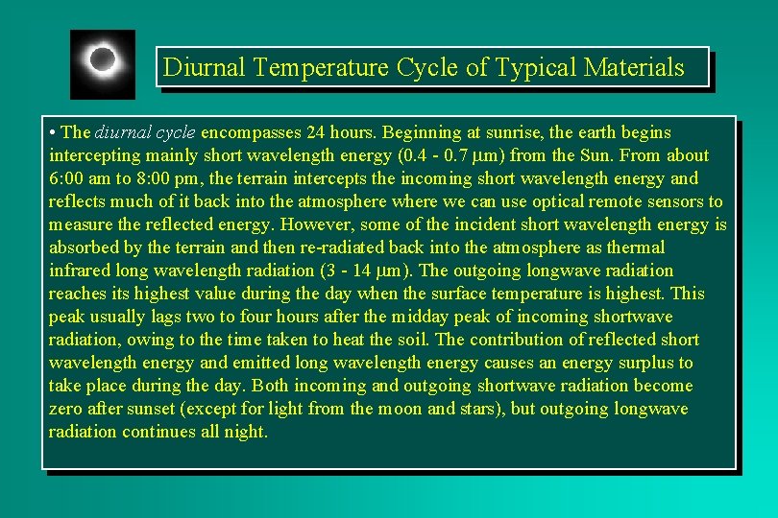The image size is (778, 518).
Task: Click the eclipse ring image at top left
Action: (x=103, y=63)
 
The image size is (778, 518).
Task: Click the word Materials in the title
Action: (x=638, y=67)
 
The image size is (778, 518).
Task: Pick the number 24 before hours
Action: (x=316, y=132)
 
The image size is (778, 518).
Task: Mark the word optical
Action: (x=557, y=201)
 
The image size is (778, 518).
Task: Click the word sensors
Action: (x=674, y=201)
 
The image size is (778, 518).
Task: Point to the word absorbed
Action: (x=84, y=247)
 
